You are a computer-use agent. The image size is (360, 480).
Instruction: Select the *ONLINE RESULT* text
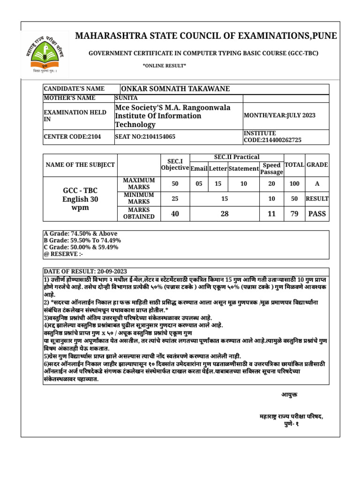pos(164,65)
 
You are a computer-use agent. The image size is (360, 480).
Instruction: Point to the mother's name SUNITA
pos(127,98)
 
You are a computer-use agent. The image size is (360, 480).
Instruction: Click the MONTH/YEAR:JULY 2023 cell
pos(279,115)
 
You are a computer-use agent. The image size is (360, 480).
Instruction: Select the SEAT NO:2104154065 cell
pos(145,137)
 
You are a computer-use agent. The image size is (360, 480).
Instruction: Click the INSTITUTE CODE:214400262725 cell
pos(272,136)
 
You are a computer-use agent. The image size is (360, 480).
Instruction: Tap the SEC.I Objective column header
pos(174,165)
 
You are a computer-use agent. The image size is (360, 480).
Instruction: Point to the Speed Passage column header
pos(272,169)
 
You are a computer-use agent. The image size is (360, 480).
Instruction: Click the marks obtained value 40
pos(175,214)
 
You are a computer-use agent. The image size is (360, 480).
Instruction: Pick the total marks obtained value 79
pos(294,214)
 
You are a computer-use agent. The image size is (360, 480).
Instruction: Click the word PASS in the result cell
pos(317,214)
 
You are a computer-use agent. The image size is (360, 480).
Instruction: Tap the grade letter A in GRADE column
pos(317,184)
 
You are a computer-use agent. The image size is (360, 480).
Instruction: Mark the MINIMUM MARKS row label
pos(138,198)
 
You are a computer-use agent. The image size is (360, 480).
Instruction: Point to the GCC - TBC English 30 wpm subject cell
pos(80,199)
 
